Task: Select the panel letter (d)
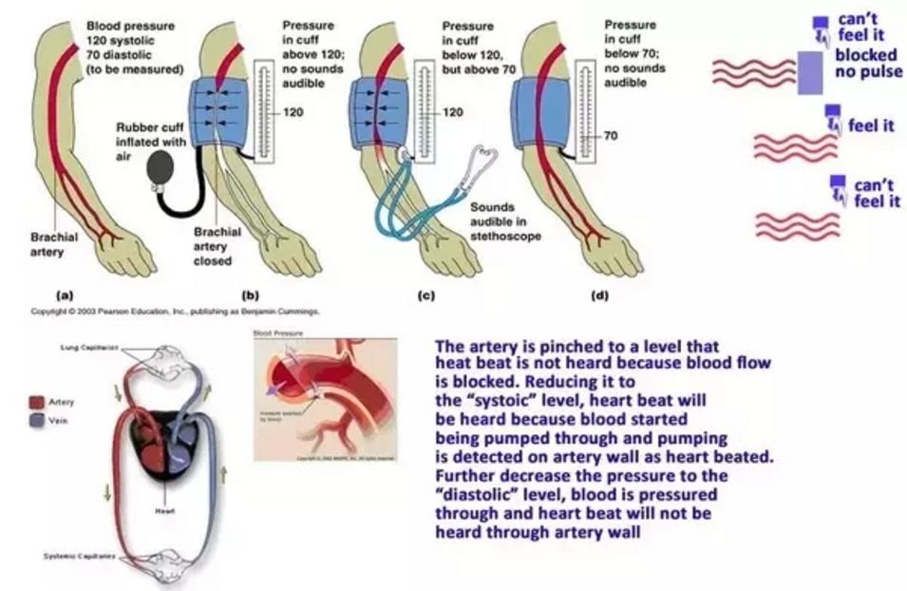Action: [599, 295]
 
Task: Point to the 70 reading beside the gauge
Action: [611, 136]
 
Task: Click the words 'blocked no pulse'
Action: [868, 63]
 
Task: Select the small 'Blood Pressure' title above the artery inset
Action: [274, 334]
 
